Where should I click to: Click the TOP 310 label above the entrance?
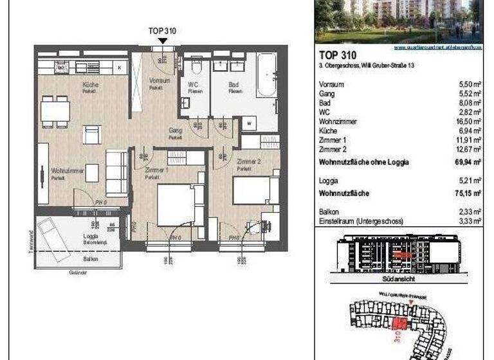click(162, 30)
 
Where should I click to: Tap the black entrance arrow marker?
click(163, 41)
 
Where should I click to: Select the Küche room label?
click(89, 85)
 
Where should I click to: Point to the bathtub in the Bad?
click(266, 75)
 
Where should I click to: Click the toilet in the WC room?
click(196, 67)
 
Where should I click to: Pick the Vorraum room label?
click(159, 81)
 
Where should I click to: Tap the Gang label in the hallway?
click(175, 130)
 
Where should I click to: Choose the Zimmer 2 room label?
click(248, 161)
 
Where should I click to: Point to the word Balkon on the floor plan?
click(91, 258)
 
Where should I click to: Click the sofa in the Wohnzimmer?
click(117, 172)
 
